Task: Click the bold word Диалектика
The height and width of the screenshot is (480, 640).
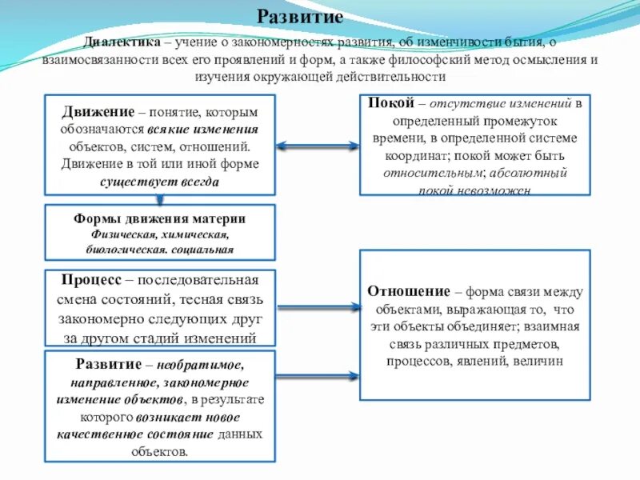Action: [x=122, y=42]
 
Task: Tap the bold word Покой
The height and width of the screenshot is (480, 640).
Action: [x=391, y=104]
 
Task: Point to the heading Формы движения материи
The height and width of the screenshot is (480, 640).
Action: [x=159, y=218]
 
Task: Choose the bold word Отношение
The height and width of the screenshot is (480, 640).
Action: [x=408, y=291]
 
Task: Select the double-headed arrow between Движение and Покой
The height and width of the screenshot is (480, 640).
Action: [x=318, y=146]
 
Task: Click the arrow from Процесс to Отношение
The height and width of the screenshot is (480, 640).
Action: [x=318, y=306]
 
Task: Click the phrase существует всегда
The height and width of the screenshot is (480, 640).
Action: [x=160, y=182]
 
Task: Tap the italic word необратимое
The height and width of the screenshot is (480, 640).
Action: [x=205, y=365]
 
